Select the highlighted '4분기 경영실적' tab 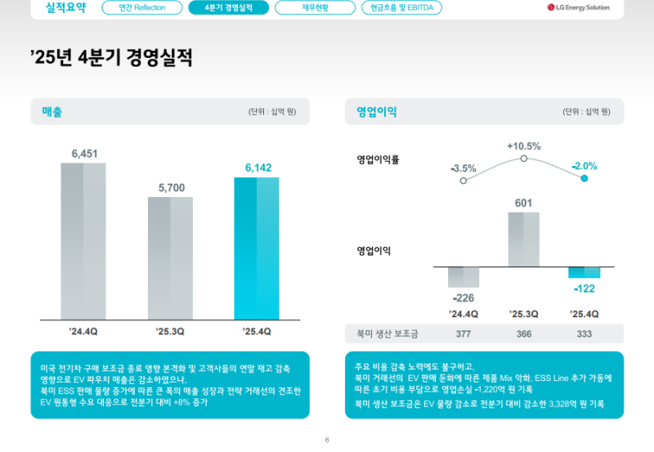click(228, 8)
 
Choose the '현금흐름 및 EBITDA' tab click(401, 8)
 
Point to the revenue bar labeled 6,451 click(83, 241)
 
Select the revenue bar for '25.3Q click(170, 257)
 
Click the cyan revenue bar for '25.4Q click(257, 248)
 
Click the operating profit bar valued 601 click(523, 239)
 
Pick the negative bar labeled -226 click(464, 276)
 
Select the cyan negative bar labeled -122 click(584, 272)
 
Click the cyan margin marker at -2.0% click(584, 177)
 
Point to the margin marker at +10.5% click(524, 160)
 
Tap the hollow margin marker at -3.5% click(464, 180)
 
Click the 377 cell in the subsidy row click(464, 333)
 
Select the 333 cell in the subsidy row click(584, 333)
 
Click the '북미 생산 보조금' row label click(387, 333)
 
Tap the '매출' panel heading click(52, 111)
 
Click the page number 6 click(327, 441)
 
